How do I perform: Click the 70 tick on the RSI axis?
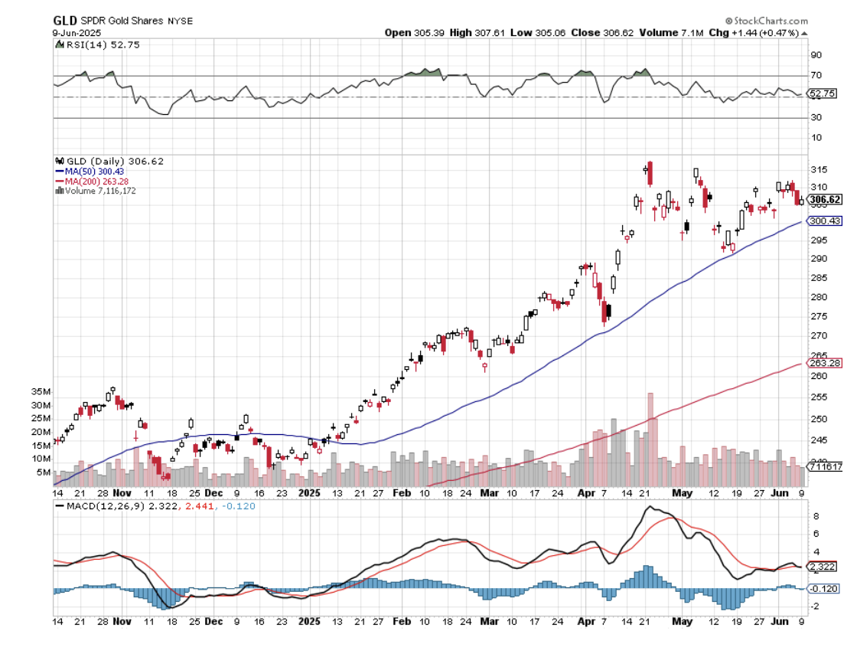point(816,75)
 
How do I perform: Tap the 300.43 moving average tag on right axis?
point(826,221)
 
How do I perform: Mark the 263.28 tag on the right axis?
point(826,363)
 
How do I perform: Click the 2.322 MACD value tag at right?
point(826,567)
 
